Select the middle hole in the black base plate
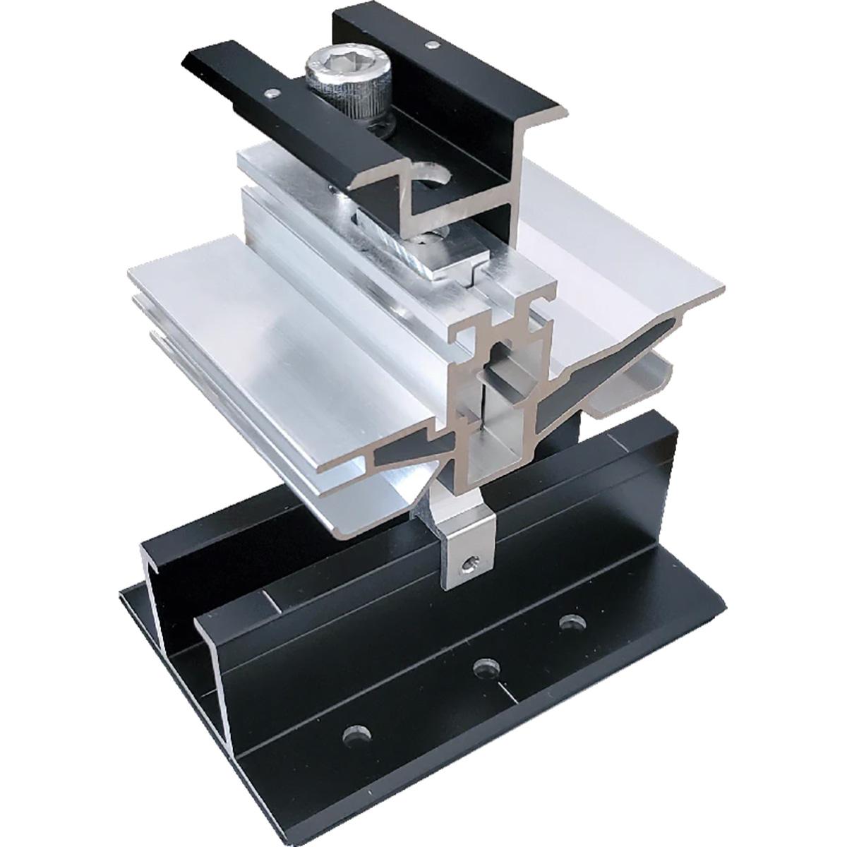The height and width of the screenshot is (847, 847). point(483,666)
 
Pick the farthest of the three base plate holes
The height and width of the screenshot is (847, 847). point(569,623)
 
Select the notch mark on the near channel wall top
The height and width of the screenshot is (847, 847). point(267,600)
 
